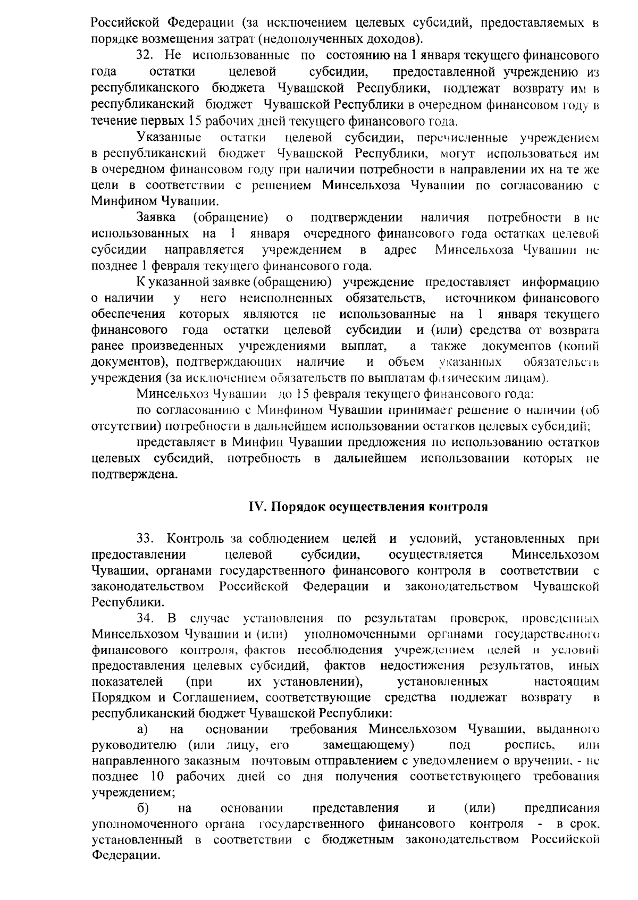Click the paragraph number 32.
click(145, 55)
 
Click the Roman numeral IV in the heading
click(257, 507)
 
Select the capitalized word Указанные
click(169, 138)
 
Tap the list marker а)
click(142, 729)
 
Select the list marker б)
click(142, 809)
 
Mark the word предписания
click(561, 809)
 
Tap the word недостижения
click(423, 666)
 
